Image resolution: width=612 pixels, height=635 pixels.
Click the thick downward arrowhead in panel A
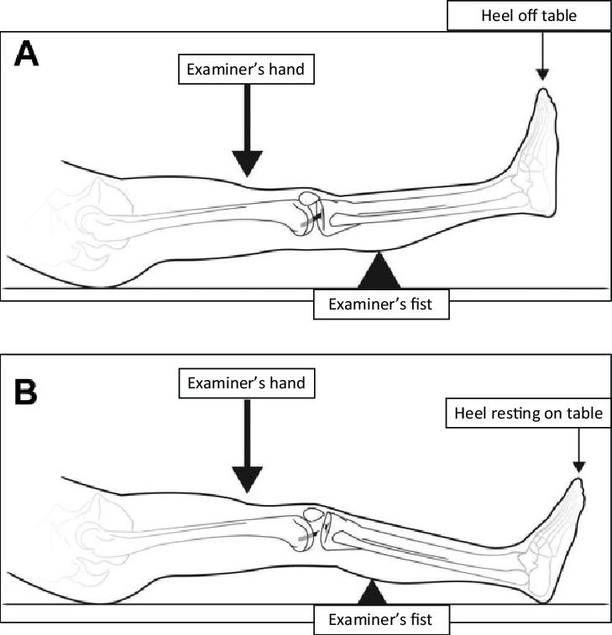coord(248,162)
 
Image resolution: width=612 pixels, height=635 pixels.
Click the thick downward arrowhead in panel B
coord(248,480)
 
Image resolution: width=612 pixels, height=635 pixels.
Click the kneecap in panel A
coord(309,202)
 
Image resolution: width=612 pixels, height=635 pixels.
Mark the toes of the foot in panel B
coord(578,487)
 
